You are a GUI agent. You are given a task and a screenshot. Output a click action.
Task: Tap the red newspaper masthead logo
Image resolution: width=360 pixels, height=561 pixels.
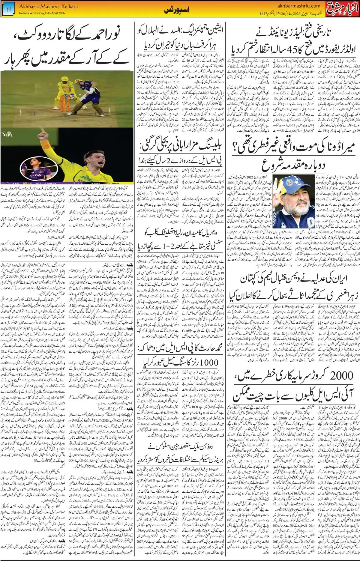pyautogui.click(x=342, y=8)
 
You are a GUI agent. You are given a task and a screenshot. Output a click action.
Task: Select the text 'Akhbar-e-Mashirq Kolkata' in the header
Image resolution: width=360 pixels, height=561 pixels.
pyautogui.click(x=48, y=6)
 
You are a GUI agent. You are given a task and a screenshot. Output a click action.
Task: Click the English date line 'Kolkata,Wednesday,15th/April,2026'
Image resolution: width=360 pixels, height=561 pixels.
pyautogui.click(x=42, y=13)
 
